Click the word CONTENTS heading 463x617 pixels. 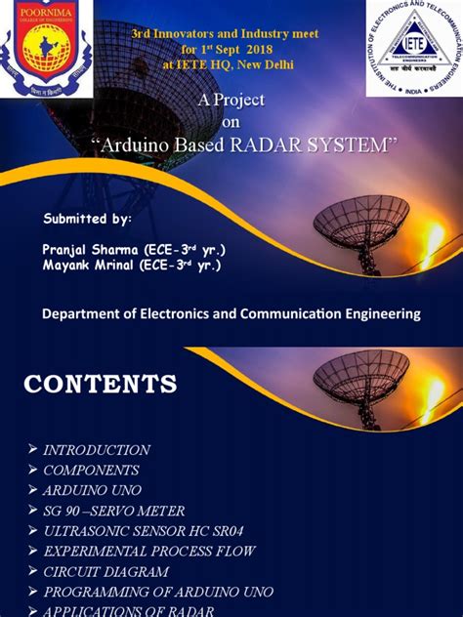click(101, 383)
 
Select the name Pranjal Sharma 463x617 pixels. click(82, 249)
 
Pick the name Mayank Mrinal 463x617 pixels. click(81, 265)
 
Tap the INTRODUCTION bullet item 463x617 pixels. click(96, 450)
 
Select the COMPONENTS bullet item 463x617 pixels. click(91, 470)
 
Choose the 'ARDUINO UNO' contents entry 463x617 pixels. click(92, 490)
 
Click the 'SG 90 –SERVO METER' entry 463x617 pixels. click(113, 511)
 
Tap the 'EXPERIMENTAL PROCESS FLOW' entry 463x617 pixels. click(148, 552)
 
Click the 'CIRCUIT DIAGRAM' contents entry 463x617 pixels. click(106, 572)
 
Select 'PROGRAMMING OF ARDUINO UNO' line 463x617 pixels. click(157, 593)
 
